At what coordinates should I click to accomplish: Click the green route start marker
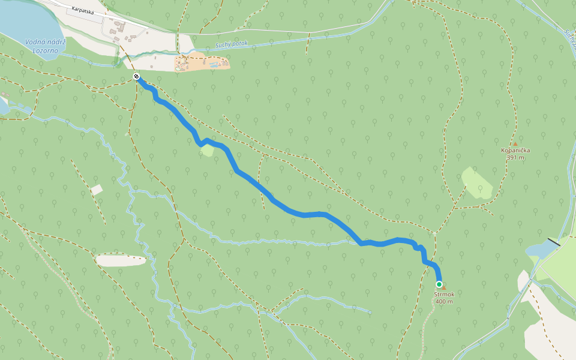439,284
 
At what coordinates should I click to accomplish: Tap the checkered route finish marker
136,76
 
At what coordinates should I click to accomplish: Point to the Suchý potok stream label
231,47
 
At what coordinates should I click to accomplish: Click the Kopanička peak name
515,151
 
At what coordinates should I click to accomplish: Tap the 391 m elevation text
515,158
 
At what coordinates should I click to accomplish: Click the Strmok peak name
444,294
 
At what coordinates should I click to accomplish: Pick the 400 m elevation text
444,301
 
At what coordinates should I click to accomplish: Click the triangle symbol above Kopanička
515,144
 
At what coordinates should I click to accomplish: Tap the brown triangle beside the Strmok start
444,288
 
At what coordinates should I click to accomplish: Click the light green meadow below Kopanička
478,183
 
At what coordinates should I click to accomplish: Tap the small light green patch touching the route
207,150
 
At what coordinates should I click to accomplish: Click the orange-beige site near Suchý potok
201,62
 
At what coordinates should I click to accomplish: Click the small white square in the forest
97,190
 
